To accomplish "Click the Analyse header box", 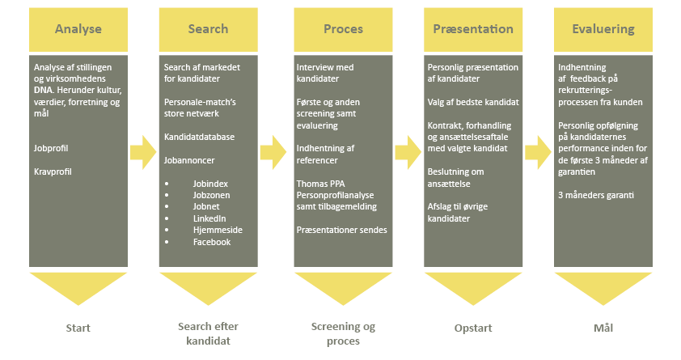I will coord(78,29).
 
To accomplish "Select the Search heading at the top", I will coord(208,29).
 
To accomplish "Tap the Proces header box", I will coord(343,29).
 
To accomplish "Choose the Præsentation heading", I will coord(473,29).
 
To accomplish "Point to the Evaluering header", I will coord(603,29).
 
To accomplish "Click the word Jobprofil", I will coord(53,150).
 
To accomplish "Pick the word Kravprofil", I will coord(54,172).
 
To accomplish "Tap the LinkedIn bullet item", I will coord(209,218).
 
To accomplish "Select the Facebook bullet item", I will coord(212,241).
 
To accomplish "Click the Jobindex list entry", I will coord(212,184).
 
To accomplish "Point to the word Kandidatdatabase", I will coord(199,137).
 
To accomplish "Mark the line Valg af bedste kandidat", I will coord(473,102).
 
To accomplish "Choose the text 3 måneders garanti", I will coord(597,195).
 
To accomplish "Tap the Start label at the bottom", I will coord(78,328).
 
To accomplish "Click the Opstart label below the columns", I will coord(473,328).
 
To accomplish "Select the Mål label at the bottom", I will coord(603,328).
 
